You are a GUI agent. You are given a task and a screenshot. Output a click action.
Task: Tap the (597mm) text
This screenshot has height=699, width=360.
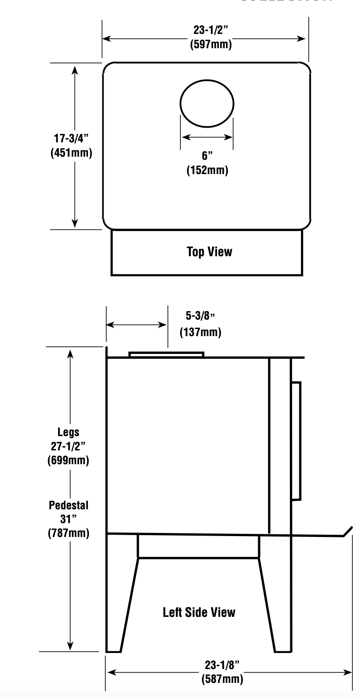click(x=210, y=45)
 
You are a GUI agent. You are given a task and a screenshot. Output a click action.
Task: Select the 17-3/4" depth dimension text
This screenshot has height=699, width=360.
click(x=71, y=138)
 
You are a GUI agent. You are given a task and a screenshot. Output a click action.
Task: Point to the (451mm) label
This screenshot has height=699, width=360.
click(x=71, y=153)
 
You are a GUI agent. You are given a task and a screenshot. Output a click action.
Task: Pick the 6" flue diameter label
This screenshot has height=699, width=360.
click(x=207, y=156)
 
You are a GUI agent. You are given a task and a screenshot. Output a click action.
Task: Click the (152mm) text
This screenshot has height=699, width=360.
click(x=207, y=170)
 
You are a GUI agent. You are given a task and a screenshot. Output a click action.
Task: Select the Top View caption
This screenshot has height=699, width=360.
click(x=209, y=252)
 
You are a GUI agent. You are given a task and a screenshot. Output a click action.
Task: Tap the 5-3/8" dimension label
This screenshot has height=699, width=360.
click(x=200, y=316)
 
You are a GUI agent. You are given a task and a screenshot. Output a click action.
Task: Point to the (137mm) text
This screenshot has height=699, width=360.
click(x=200, y=332)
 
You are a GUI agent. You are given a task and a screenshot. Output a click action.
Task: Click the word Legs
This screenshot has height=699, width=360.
click(x=68, y=432)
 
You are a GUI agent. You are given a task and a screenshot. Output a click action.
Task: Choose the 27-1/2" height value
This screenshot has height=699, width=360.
click(x=68, y=446)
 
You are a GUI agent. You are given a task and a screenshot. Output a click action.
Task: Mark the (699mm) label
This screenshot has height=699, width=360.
click(x=68, y=460)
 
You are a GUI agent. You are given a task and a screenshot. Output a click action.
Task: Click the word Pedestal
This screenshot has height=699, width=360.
click(x=68, y=505)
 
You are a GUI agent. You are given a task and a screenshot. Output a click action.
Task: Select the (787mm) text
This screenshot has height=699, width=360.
click(x=68, y=533)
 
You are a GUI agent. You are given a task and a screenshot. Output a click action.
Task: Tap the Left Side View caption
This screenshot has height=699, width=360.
click(x=199, y=612)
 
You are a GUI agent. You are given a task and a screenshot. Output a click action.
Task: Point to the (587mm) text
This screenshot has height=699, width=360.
click(x=222, y=679)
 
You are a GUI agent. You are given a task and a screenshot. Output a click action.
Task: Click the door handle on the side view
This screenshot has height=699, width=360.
click(x=296, y=441)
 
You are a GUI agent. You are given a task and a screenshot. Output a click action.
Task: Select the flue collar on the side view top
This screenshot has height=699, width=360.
click(x=166, y=354)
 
